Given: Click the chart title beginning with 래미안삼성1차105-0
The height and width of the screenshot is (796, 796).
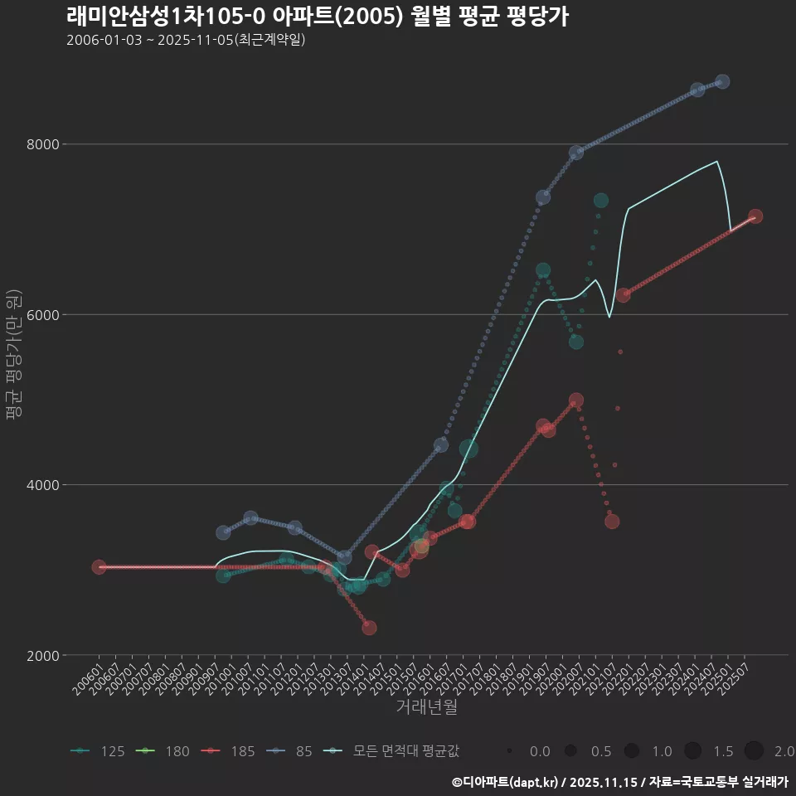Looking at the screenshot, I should coord(317,17).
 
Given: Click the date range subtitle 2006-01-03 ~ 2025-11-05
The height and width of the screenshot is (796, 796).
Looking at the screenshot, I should coord(186,40).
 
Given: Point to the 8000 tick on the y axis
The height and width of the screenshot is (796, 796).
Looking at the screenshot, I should coord(44,144).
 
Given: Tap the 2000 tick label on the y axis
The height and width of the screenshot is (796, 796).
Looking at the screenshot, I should coord(44,656).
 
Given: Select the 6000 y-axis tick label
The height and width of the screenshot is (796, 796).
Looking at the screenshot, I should coord(44,315).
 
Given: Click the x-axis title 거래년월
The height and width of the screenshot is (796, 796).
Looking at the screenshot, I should coord(426,707).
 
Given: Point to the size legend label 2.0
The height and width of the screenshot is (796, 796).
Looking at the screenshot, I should coord(784,751).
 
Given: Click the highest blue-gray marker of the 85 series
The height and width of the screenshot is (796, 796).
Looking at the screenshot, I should coord(722,81).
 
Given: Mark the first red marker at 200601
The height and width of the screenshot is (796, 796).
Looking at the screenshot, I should coord(99,566).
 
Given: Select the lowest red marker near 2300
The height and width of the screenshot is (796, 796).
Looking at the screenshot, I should coord(369,628).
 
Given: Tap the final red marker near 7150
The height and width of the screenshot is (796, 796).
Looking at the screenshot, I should coord(755,216).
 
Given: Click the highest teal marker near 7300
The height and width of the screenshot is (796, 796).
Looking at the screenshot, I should coord(601,201).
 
